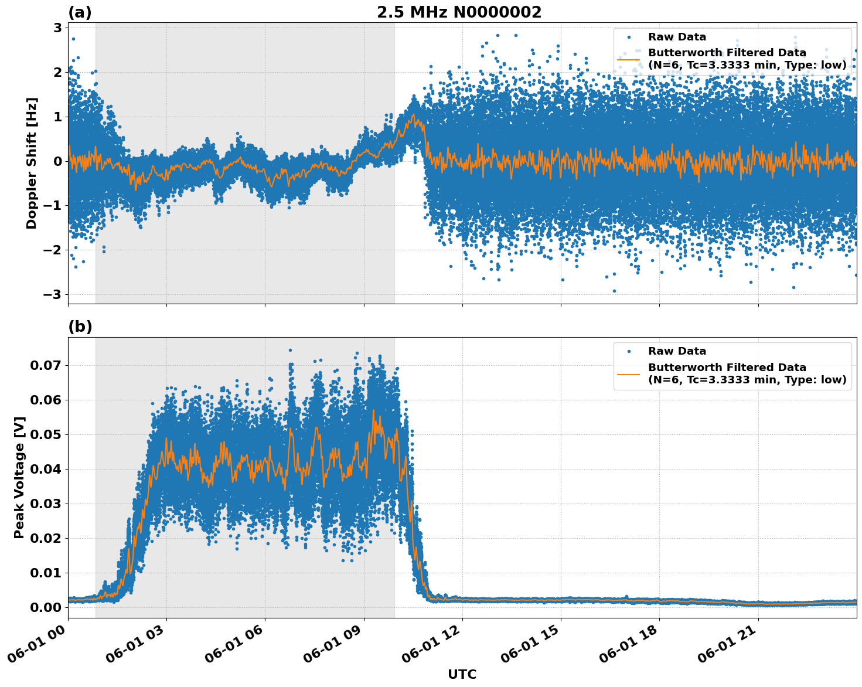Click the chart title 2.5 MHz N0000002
coord(459,12)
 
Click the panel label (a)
coord(80,12)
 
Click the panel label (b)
coord(80,327)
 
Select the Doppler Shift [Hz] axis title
coord(32,163)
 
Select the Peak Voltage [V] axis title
coord(19,477)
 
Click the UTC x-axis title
coord(462,674)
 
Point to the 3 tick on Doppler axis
coord(58,28)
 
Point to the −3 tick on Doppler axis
coord(54,294)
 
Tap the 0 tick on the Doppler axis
coord(58,161)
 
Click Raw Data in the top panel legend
coord(677,37)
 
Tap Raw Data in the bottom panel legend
coord(677,351)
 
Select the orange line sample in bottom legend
coord(629,374)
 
